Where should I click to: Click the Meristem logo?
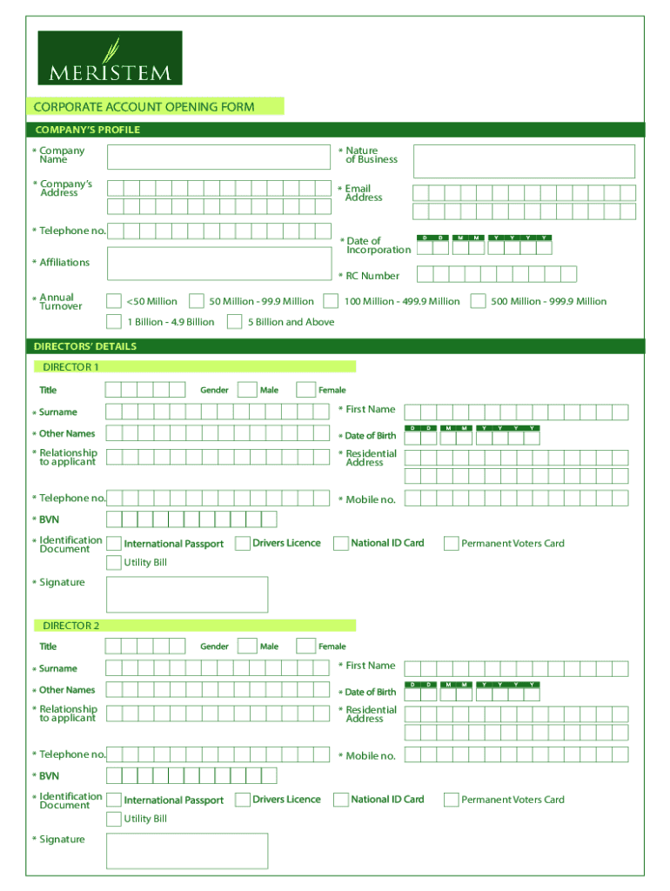(110, 57)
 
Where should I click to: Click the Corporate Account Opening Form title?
(144, 107)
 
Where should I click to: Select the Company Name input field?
(219, 157)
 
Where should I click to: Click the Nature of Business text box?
(524, 161)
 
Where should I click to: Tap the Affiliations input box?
(219, 265)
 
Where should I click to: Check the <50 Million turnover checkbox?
(114, 301)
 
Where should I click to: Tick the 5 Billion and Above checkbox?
(234, 322)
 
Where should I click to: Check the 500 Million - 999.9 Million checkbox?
(478, 301)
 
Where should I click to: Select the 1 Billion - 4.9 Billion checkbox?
(114, 322)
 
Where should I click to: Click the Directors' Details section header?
(85, 346)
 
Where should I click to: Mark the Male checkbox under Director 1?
(247, 390)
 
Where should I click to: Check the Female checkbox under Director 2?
(305, 646)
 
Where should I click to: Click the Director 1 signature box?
(187, 594)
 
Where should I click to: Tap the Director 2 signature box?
(187, 851)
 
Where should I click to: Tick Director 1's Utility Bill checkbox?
(114, 562)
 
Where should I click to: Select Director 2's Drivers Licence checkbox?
(243, 800)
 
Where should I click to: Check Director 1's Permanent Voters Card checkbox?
(451, 544)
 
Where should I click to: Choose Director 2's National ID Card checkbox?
(341, 800)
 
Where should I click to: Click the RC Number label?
(372, 276)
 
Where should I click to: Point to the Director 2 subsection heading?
(71, 626)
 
